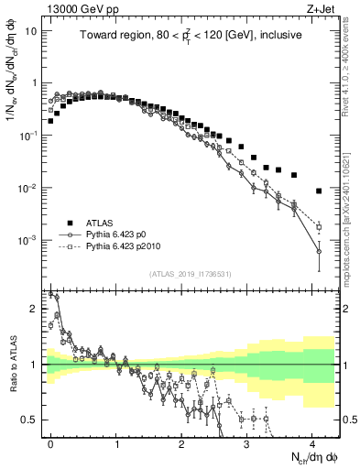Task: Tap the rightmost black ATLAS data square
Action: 319,191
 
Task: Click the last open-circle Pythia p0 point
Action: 319,251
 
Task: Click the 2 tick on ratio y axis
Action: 33,308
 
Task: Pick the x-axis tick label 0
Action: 50,442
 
